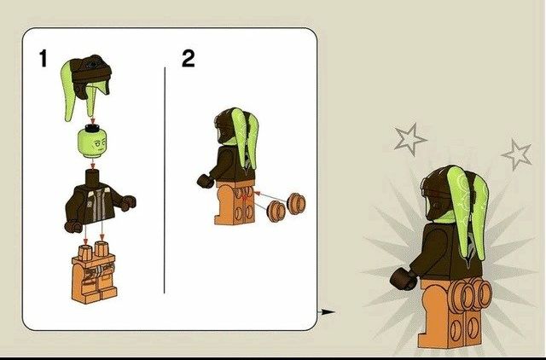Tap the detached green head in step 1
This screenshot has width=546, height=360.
[93, 141]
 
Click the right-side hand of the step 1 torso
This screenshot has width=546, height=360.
[129, 203]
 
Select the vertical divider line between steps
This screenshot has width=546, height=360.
[165, 179]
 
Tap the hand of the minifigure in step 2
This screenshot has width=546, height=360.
[204, 180]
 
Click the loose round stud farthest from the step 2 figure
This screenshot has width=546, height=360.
[297, 205]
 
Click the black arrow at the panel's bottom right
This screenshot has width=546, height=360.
[326, 312]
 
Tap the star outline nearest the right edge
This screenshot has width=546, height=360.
[517, 154]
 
